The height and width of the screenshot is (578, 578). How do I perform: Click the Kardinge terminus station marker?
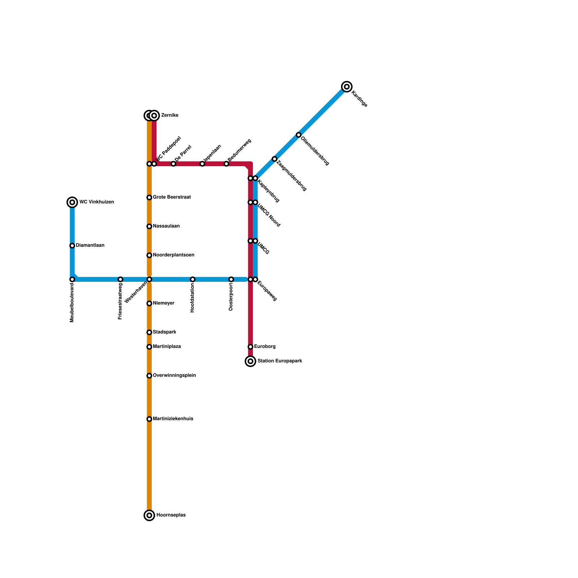coord(347,87)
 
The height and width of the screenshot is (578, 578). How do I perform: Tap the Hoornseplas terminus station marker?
coord(149,515)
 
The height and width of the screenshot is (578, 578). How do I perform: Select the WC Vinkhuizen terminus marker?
coord(72,202)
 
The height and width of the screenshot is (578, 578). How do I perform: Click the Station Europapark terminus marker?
coord(250,361)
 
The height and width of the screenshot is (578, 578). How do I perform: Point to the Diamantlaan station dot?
coord(72,246)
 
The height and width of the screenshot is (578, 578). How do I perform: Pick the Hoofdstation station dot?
coord(193,279)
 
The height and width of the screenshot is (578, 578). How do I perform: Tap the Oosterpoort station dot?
coord(231,279)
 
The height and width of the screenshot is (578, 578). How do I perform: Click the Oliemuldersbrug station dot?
coord(298,135)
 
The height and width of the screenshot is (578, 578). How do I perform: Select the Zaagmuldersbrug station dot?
coord(275,159)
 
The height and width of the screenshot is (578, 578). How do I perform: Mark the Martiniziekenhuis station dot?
coord(149,419)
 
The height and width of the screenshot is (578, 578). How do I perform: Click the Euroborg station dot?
coord(250,347)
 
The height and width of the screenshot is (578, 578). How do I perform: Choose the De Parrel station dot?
coord(173,164)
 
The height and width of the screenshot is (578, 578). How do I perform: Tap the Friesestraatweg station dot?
coord(120,279)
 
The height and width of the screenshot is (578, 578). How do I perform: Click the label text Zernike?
coord(169,116)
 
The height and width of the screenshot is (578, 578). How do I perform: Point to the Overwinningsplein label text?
coord(174,376)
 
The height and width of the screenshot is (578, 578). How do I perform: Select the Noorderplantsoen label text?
coord(173,255)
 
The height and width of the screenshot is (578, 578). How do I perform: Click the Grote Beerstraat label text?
coord(172,197)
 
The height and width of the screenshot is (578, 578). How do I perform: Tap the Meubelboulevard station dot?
coord(72,279)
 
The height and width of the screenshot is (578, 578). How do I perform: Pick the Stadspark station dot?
coord(149,332)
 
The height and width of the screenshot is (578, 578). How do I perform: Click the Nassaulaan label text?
coord(166,226)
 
